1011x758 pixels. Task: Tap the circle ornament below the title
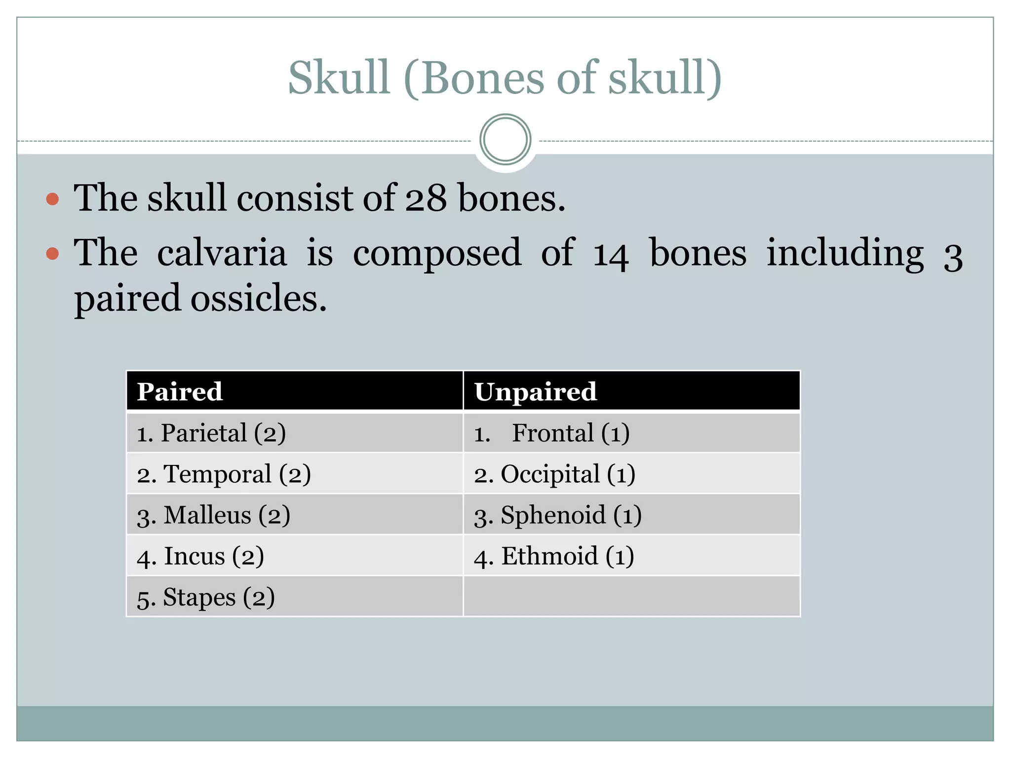click(x=505, y=140)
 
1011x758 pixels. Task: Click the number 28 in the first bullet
click(x=426, y=198)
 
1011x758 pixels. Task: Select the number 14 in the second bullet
click(x=611, y=254)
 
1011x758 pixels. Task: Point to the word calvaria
click(x=222, y=253)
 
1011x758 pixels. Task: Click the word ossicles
click(x=259, y=299)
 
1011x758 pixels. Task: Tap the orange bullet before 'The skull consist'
click(x=52, y=199)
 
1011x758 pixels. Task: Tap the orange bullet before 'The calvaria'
click(x=52, y=254)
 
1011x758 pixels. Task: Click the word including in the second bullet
click(x=845, y=253)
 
